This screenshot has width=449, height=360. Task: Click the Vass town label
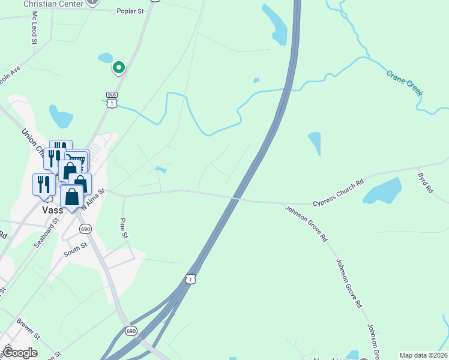(x=53, y=211)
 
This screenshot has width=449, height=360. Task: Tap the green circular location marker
(x=119, y=68)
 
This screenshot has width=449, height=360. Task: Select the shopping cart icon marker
(x=77, y=160)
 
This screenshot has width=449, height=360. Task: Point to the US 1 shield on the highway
(x=190, y=279)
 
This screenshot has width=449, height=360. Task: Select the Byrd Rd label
(x=426, y=182)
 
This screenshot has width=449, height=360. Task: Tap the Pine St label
(x=124, y=228)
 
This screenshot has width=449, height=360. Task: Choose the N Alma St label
(x=93, y=199)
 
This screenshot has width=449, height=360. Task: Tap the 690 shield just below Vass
(x=85, y=229)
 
